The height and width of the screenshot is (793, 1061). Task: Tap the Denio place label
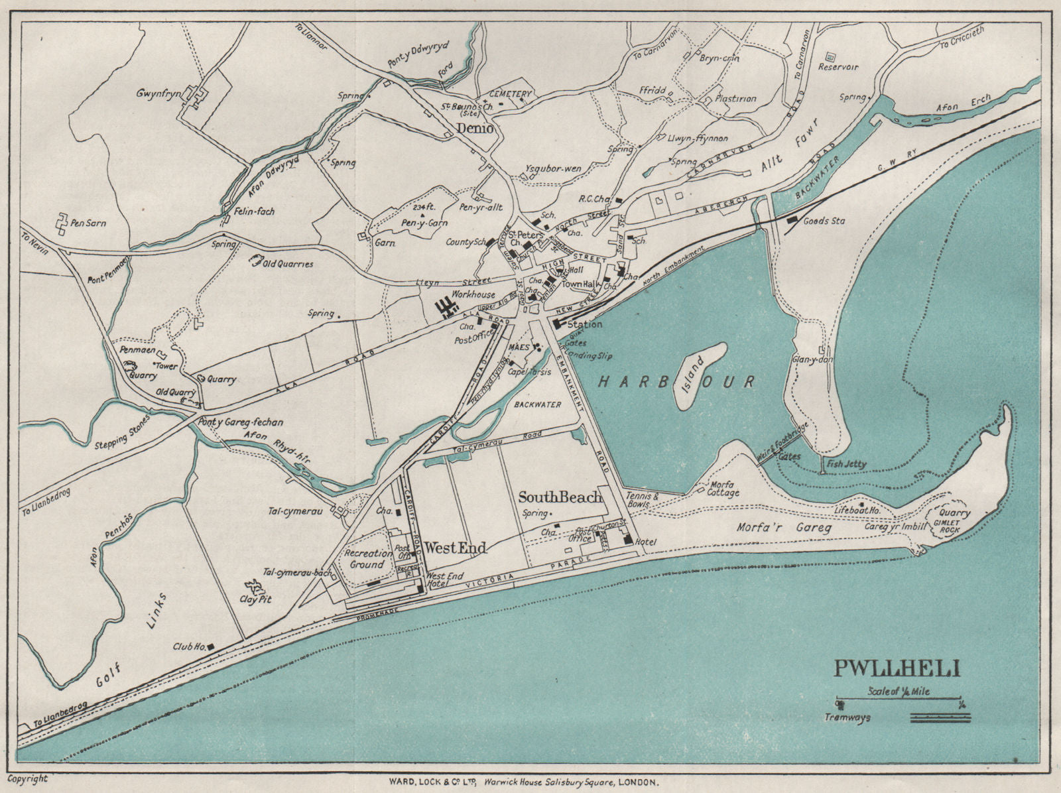pyautogui.click(x=475, y=129)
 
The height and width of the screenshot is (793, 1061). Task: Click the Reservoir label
pyautogui.click(x=838, y=67)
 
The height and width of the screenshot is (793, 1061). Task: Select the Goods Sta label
pyautogui.click(x=824, y=221)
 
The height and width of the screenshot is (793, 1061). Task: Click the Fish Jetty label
pyautogui.click(x=847, y=464)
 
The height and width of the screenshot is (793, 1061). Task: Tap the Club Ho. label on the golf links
pyautogui.click(x=189, y=646)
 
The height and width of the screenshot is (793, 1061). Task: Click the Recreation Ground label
pyautogui.click(x=367, y=559)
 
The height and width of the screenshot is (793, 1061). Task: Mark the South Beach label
pyautogui.click(x=560, y=497)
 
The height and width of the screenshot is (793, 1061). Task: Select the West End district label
pyautogui.click(x=456, y=548)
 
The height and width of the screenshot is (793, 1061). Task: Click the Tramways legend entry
pyautogui.click(x=847, y=717)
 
